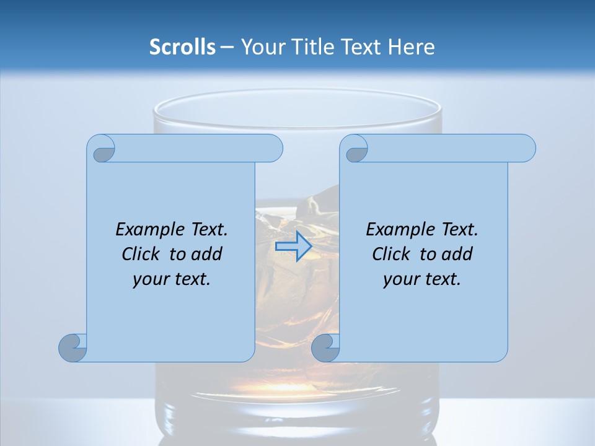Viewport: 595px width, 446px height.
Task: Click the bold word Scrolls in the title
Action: [182, 47]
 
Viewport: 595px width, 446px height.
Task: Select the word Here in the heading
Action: [412, 47]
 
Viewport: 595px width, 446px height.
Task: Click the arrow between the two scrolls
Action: [294, 247]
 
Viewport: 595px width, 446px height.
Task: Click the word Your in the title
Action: [262, 47]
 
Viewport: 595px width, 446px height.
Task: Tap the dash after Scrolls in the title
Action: [227, 47]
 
